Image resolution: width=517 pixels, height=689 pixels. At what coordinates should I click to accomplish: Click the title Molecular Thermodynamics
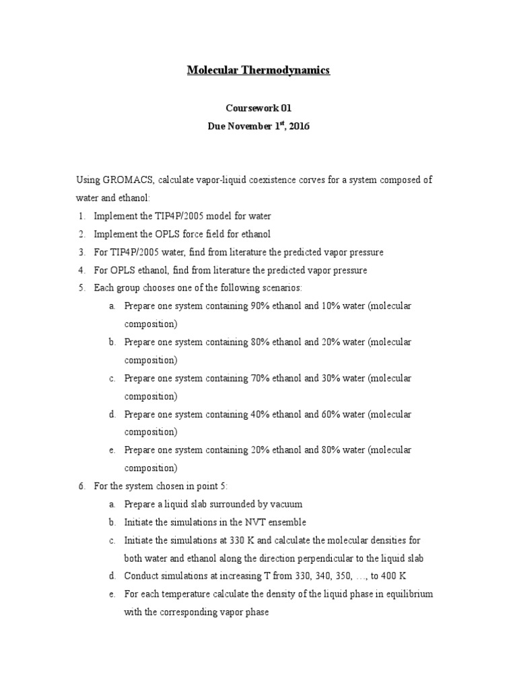tap(258, 70)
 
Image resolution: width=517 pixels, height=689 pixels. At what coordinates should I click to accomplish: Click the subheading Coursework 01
tap(258, 107)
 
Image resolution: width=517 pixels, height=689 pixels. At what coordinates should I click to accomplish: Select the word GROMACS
tap(130, 180)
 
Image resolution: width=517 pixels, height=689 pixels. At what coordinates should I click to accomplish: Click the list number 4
tap(81, 270)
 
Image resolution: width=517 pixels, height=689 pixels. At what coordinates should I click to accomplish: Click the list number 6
tap(81, 486)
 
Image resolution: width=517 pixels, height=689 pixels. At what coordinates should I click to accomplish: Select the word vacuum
tap(286, 504)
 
